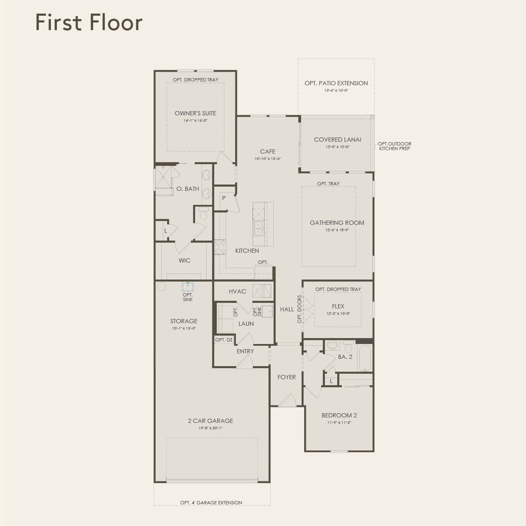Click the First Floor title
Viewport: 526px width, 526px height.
click(x=89, y=22)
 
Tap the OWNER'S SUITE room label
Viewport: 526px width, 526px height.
click(x=195, y=113)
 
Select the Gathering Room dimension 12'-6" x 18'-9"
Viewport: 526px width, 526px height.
click(x=337, y=230)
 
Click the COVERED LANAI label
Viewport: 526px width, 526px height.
click(x=337, y=140)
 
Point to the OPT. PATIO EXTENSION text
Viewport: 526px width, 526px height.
click(x=336, y=83)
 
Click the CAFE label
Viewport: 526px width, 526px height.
click(x=268, y=151)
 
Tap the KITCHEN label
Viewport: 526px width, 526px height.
click(x=247, y=251)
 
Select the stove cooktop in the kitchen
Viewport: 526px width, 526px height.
click(x=220, y=247)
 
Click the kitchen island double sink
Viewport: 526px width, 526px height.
click(x=258, y=228)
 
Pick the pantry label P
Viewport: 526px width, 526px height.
click(x=224, y=198)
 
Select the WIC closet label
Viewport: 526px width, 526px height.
click(x=185, y=260)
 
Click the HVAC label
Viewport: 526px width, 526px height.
click(x=237, y=291)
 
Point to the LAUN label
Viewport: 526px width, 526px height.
click(x=246, y=324)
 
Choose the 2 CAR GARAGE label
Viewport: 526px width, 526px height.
click(x=210, y=421)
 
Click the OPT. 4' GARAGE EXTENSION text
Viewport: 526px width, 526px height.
click(x=211, y=503)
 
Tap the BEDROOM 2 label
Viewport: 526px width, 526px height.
click(x=339, y=415)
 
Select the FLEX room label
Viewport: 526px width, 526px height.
click(x=338, y=306)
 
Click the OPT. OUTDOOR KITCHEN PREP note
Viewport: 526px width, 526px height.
click(x=394, y=146)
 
